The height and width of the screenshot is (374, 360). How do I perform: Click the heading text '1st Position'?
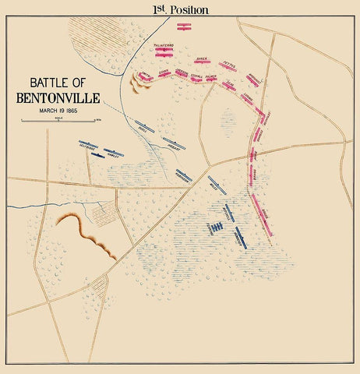click(x=180, y=9)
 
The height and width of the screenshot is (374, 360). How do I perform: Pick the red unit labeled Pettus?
click(x=228, y=66)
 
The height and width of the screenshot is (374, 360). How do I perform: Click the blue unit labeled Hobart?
click(x=174, y=143)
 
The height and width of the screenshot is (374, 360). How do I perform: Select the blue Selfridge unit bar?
click(x=88, y=145)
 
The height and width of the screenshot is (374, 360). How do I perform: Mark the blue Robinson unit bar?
click(x=183, y=175)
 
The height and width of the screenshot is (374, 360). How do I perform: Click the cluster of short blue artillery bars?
click(x=216, y=227)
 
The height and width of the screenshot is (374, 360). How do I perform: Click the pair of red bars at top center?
click(x=184, y=26)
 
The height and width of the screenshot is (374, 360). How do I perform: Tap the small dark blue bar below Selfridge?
click(x=97, y=155)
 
